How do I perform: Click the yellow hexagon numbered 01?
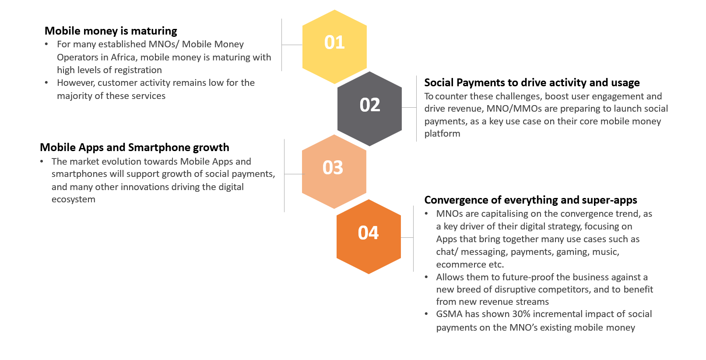[334, 47]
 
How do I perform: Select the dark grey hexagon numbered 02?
[369, 109]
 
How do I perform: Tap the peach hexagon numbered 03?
[334, 172]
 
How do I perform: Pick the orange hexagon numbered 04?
[369, 236]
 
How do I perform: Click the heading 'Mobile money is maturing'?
[111, 31]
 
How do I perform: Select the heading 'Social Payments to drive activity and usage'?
[532, 83]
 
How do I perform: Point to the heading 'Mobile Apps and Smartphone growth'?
[134, 148]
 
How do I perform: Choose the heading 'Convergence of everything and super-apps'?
[530, 200]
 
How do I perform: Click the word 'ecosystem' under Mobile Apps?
[74, 200]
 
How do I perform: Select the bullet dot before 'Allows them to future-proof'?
[426, 277]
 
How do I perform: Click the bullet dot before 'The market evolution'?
[42, 162]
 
